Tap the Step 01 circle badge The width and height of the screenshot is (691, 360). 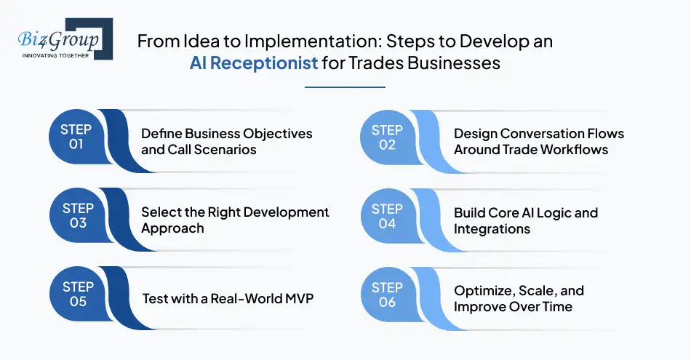click(76, 137)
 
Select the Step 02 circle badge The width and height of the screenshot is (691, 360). click(388, 137)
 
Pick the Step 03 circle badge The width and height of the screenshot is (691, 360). click(76, 216)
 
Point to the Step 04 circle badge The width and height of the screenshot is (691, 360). click(388, 216)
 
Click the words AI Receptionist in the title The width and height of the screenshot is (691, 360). click(254, 63)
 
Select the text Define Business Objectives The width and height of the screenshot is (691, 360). click(226, 134)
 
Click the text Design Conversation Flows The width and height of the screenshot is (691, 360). click(538, 134)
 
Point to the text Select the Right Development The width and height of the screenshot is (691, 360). click(235, 212)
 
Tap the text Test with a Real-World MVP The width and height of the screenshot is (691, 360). click(227, 298)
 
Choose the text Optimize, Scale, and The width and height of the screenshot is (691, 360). click(519, 291)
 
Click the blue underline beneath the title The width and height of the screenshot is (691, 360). click(345, 87)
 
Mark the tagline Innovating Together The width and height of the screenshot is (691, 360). click(55, 55)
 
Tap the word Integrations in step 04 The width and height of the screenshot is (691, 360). click(492, 228)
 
